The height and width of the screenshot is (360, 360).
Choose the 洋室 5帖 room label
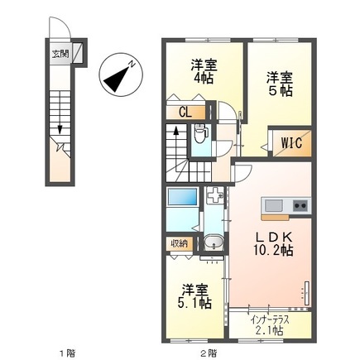pos(280,84)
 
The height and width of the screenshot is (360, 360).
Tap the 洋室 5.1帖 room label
pos(194,295)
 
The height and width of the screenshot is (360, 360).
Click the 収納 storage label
pos(179,243)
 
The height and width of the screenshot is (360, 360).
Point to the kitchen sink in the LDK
pos(274,204)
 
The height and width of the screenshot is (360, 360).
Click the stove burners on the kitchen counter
pos(299,204)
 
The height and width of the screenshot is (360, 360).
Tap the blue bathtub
pos(181,199)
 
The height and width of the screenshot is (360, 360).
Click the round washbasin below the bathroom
pos(213,244)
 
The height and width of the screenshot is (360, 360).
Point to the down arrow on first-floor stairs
pos(61,125)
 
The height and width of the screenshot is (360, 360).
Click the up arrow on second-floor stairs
pos(175,135)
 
